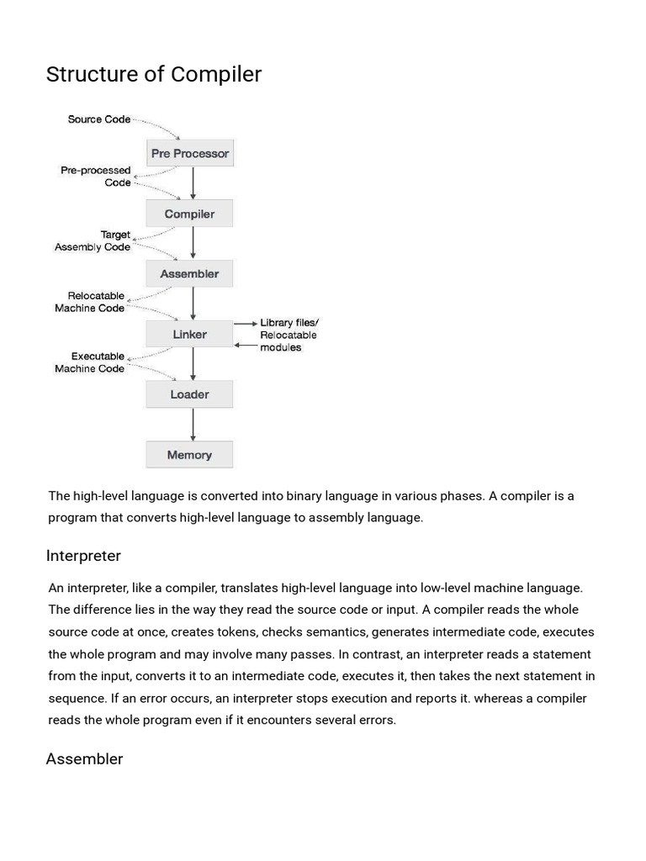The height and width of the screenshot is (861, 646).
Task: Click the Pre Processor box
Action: [189, 154]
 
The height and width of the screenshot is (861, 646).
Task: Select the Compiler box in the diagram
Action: [189, 214]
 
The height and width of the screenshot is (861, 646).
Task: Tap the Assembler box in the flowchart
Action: [189, 274]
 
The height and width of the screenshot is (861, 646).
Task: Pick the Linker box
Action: [189, 335]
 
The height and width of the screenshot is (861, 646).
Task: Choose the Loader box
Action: [189, 394]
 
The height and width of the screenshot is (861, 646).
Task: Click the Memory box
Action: [189, 455]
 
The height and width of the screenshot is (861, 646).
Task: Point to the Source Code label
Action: [98, 119]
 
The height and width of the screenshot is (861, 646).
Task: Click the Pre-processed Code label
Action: [95, 177]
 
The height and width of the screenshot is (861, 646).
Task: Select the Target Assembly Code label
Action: [93, 241]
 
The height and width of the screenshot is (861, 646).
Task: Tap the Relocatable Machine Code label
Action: [89, 302]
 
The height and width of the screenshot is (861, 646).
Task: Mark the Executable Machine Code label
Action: [89, 362]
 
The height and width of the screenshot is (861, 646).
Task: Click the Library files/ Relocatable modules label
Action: [289, 335]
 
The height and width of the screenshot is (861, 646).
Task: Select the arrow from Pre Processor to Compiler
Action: [193, 183]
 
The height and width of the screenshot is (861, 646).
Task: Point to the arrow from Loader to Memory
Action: [193, 425]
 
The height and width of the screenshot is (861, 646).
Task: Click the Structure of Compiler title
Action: [154, 75]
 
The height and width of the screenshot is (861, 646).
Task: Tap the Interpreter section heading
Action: [83, 556]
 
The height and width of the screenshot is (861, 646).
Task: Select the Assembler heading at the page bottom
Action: [84, 759]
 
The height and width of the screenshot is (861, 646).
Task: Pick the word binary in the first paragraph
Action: [336, 495]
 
